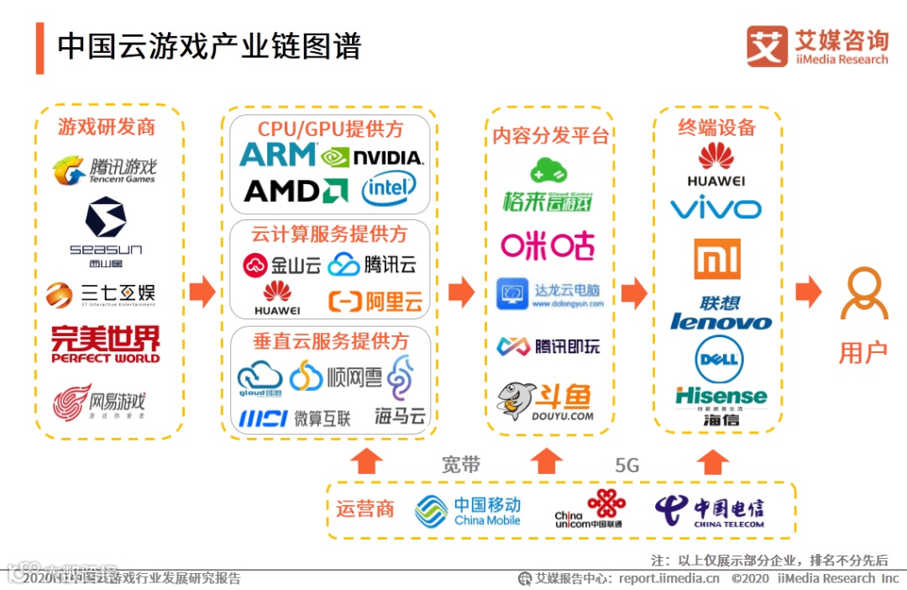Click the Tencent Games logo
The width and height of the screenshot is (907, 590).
pos(105,170)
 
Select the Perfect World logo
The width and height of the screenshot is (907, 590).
pos(105,345)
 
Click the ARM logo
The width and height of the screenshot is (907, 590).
pos(278,155)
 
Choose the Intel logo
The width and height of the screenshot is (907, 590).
pos(389,189)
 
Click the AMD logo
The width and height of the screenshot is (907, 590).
pos(295,191)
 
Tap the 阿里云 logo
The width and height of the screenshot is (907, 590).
pos(375,301)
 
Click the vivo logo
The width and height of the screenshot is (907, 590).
pos(716,208)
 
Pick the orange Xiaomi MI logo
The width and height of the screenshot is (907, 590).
pos(717,259)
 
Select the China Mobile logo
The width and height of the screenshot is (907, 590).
pos(468,511)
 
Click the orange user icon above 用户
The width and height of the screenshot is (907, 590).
pos(864,293)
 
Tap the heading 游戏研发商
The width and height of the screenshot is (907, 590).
pos(107,127)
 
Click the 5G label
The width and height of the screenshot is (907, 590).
pos(627,465)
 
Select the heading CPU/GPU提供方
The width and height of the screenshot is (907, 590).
pos(330,129)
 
